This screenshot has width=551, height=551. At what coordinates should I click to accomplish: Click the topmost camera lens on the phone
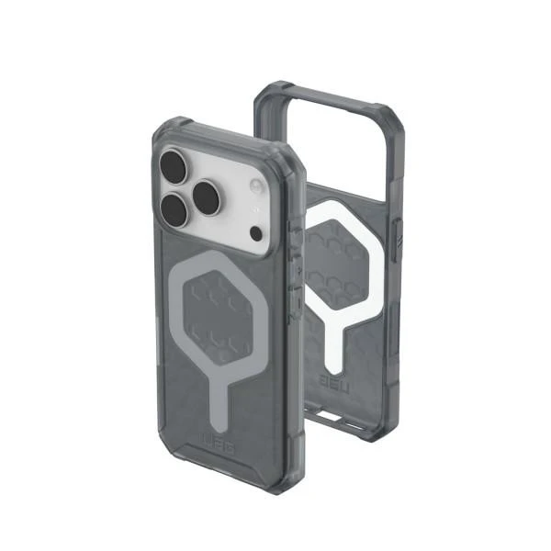172,167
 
